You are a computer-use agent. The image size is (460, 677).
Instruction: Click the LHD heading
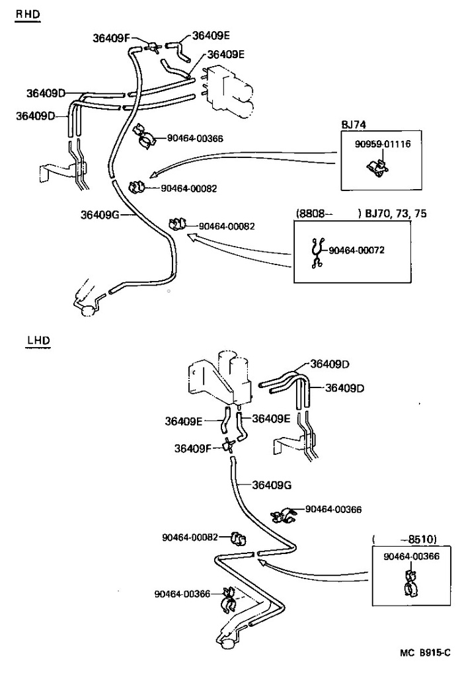coord(38,341)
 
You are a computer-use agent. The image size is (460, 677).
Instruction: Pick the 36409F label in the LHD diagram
coord(193,448)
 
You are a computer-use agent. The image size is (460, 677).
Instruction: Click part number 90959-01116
coord(377,143)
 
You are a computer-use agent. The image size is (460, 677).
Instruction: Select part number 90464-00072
coord(356,250)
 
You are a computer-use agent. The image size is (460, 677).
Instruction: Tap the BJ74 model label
coord(354,124)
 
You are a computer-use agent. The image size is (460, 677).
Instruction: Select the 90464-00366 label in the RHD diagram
coord(195,138)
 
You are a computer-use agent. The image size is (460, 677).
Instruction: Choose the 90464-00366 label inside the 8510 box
coord(411,557)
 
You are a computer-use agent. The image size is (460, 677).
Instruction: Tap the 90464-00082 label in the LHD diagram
coord(190,537)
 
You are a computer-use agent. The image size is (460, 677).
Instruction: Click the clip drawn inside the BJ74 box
coord(377,169)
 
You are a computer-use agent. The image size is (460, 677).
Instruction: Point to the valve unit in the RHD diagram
coord(231,93)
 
